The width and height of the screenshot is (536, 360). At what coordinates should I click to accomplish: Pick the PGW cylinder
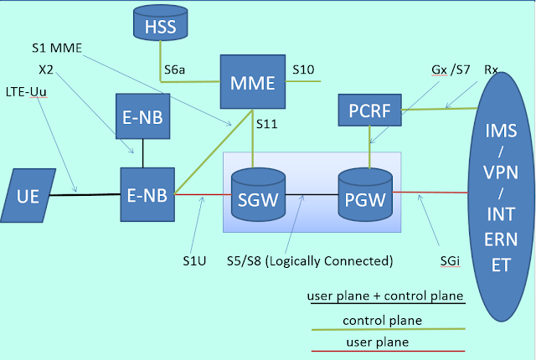(x=364, y=198)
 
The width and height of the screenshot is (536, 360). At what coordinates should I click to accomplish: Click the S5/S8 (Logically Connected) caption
(x=310, y=260)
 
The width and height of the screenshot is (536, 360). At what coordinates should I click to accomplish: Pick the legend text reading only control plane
(x=382, y=320)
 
